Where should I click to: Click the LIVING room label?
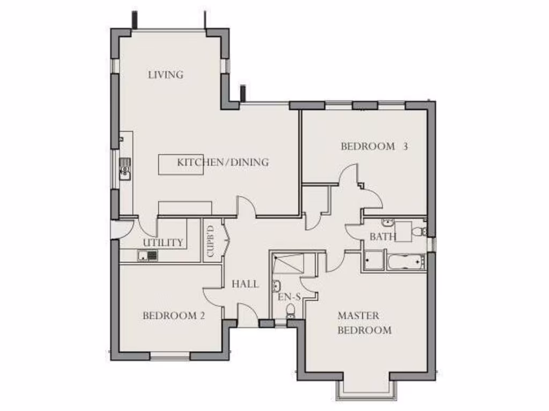166,75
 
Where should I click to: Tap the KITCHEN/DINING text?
223,162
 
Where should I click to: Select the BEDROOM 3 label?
374,146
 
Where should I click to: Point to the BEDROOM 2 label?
174,316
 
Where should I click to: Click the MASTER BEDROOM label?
364,323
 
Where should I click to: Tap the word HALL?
245,284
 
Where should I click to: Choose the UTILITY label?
163,243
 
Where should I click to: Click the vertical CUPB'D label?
210,241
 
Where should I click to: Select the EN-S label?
289,296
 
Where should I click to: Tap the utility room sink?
147,256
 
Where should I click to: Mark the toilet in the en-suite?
291,310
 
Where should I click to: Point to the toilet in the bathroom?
422,231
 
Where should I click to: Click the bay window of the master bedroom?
367,389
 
